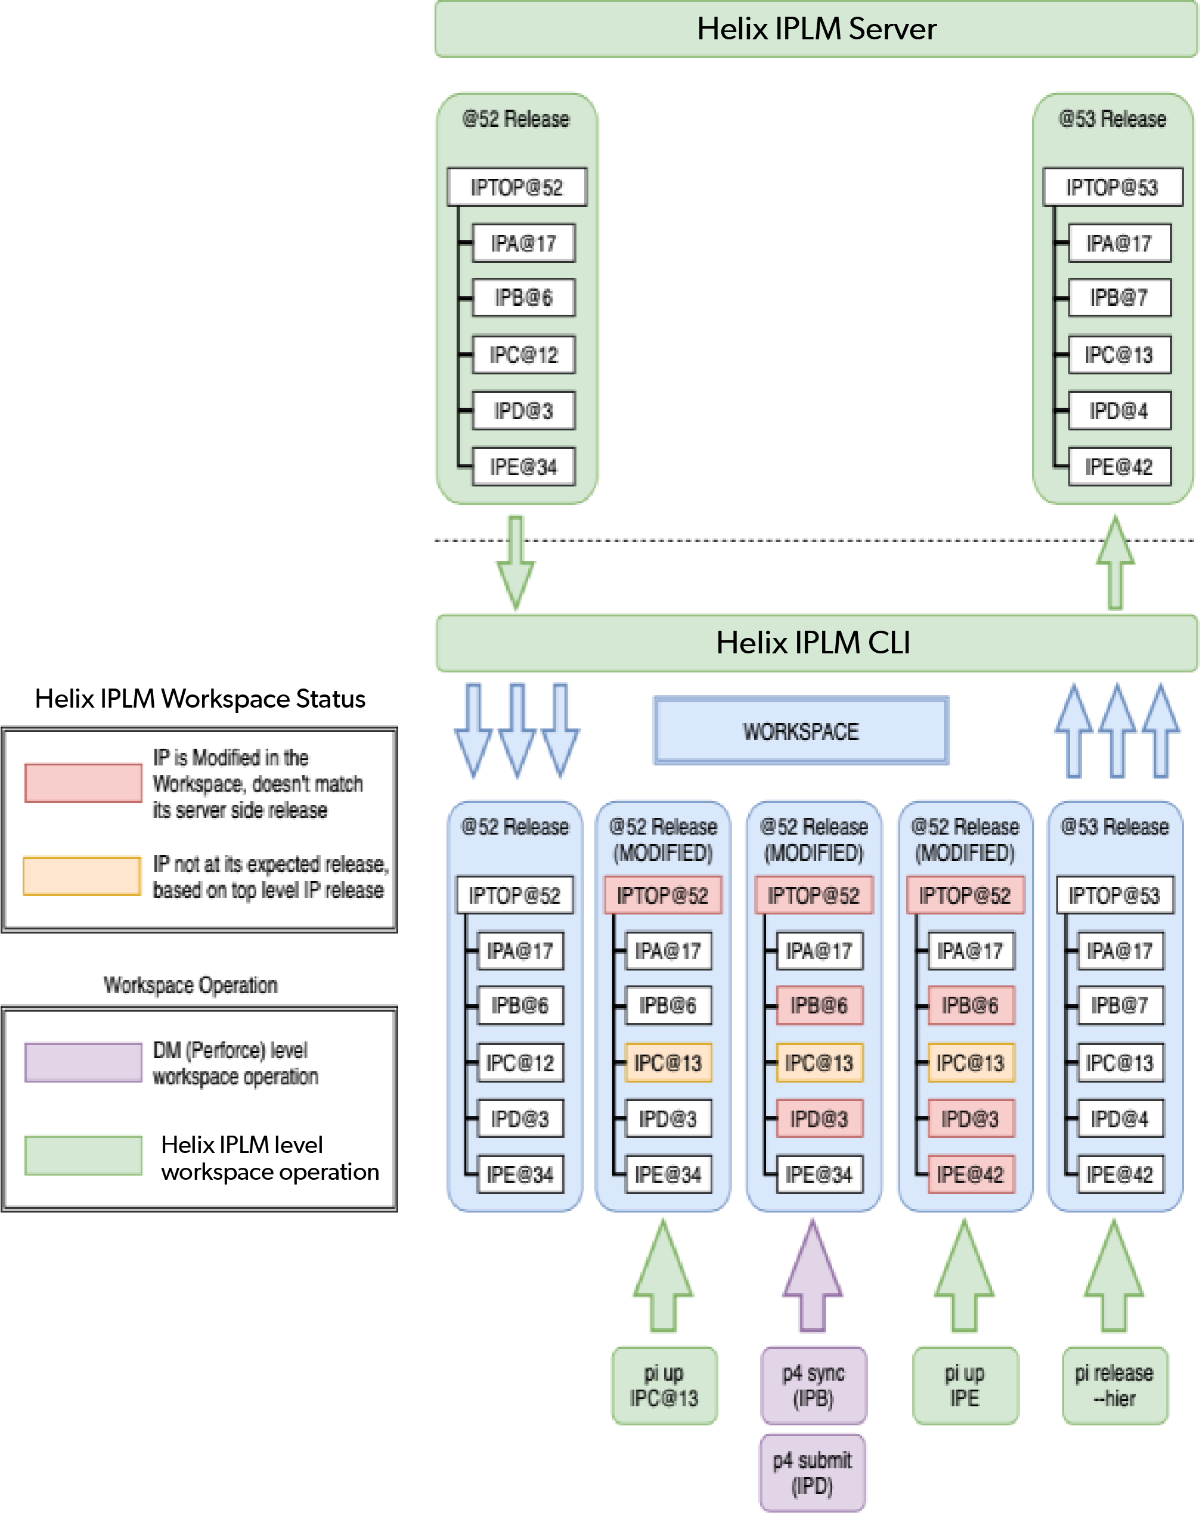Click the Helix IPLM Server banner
point(815,29)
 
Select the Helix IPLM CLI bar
point(815,643)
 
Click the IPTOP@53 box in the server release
point(1112,187)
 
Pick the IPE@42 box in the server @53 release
point(1120,467)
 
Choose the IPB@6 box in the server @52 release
point(523,297)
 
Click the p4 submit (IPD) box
point(813,1472)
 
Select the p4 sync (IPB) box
point(814,1385)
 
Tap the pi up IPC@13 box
point(665,1385)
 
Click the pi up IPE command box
point(965,1385)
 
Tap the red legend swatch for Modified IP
point(83,783)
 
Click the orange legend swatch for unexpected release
point(82,876)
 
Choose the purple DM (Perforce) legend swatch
point(83,1062)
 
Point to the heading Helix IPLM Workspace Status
point(200,699)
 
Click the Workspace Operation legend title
point(190,985)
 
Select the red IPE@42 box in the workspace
point(970,1174)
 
